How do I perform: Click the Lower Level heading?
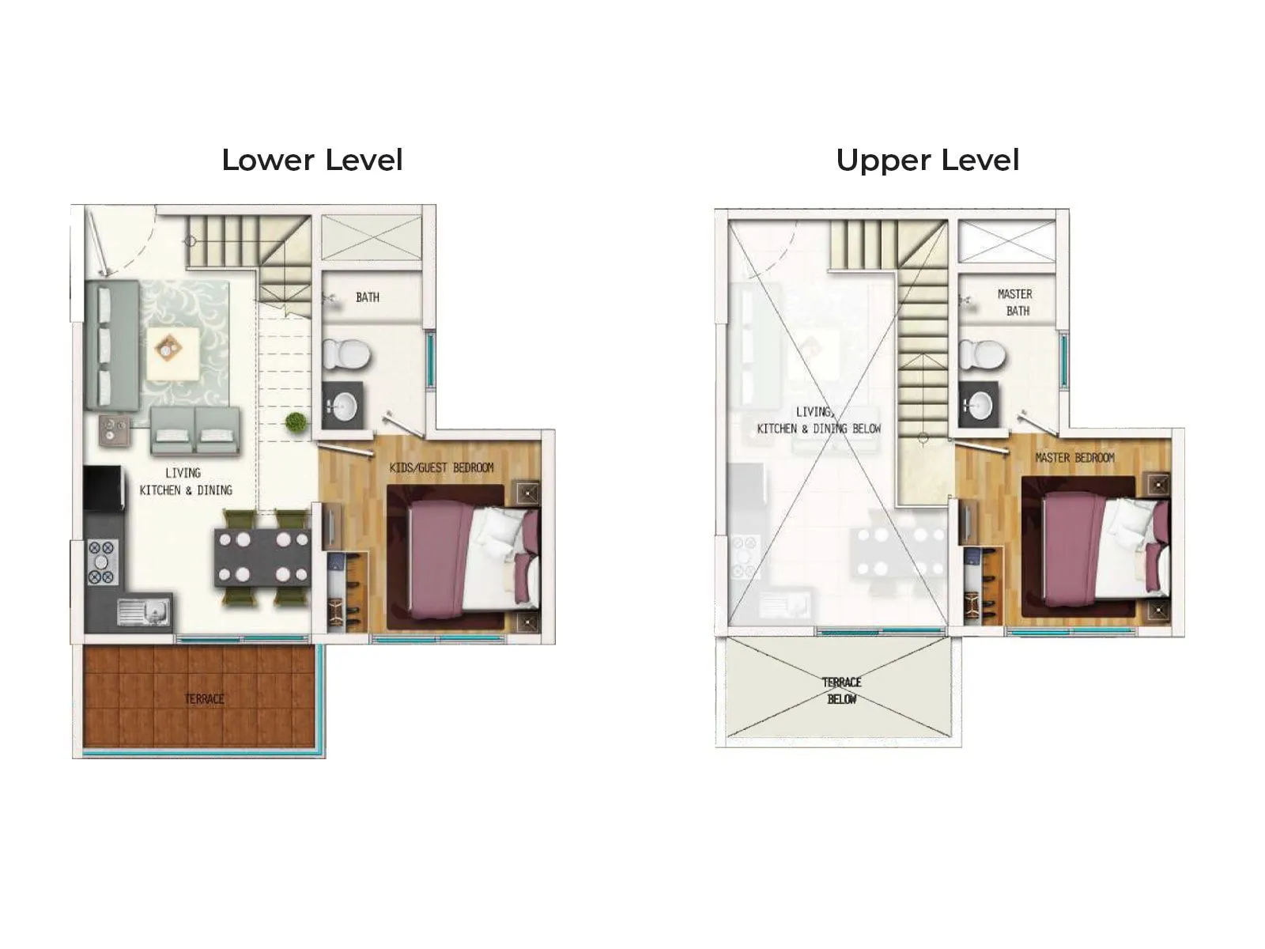[x=312, y=160]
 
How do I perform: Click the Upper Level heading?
[x=927, y=160]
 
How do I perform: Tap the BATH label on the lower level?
[x=368, y=297]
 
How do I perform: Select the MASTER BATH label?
[x=1015, y=302]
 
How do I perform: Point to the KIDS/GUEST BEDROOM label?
[x=441, y=467]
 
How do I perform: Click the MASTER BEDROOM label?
[x=1074, y=458]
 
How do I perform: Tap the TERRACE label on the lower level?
[x=204, y=698]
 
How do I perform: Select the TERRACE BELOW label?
[x=841, y=690]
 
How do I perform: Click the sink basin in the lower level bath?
[x=345, y=406]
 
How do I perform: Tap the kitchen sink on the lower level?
[x=143, y=611]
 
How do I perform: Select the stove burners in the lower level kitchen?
[x=102, y=561]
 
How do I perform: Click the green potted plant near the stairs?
[x=296, y=422]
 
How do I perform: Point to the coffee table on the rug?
[x=172, y=347]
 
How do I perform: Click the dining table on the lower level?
[x=262, y=558]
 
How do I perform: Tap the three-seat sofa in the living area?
[x=111, y=346]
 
